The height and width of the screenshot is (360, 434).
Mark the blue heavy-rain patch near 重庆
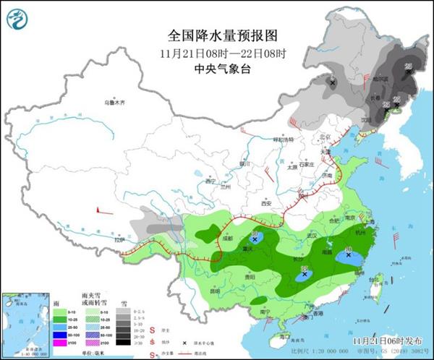click(256, 238)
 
